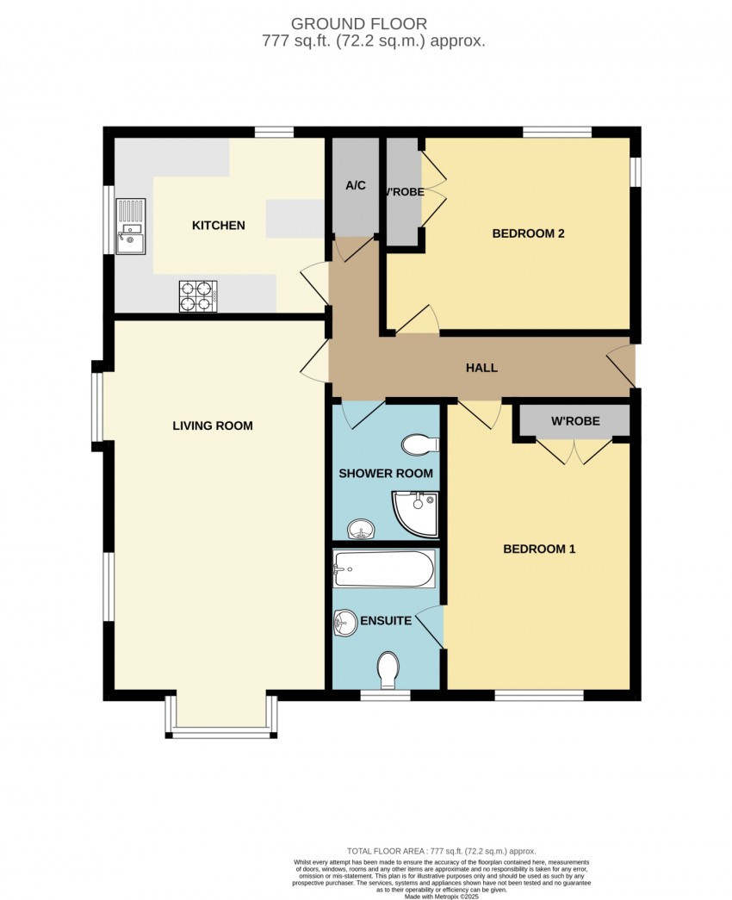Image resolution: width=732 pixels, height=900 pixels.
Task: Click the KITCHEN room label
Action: [218, 226]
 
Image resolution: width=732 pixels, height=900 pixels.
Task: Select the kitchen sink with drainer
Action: [131, 228]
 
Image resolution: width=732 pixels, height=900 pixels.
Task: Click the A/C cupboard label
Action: [357, 185]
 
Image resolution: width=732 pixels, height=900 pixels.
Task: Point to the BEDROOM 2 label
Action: [528, 233]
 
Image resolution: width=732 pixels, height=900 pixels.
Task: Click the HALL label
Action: [481, 368]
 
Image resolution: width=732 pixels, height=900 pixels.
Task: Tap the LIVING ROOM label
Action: [213, 425]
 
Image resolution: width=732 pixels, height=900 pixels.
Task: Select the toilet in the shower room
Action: [421, 444]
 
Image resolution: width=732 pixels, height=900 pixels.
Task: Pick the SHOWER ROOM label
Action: [386, 474]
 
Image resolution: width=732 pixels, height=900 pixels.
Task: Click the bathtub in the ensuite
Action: [384, 569]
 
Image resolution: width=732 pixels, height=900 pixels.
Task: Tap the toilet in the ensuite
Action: [388, 669]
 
